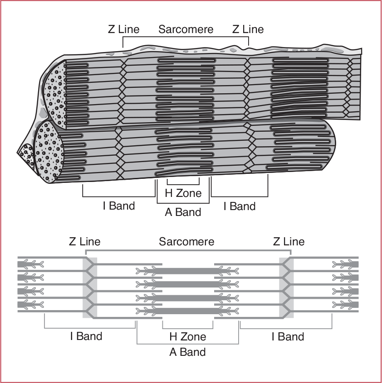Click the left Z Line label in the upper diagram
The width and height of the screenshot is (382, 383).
123,29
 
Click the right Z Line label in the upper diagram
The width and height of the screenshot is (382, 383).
248,29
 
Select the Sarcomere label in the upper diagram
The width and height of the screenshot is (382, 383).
186,29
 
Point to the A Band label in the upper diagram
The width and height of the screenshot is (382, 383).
183,212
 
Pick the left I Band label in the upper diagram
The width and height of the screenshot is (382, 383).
119,206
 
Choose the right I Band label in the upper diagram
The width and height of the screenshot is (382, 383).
240,206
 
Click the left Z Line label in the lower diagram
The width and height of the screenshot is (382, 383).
85,241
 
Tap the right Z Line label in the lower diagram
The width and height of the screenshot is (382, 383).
289,241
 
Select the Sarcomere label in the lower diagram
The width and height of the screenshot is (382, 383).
186,241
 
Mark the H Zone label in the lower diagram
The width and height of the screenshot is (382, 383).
187,336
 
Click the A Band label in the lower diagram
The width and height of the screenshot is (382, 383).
187,352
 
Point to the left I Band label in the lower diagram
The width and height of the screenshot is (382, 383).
86,336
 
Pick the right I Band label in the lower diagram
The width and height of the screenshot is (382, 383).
288,336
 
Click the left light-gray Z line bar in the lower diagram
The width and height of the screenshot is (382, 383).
90,287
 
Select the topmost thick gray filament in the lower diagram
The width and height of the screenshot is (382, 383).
186,270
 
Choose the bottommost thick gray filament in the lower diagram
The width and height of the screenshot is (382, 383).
186,311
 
